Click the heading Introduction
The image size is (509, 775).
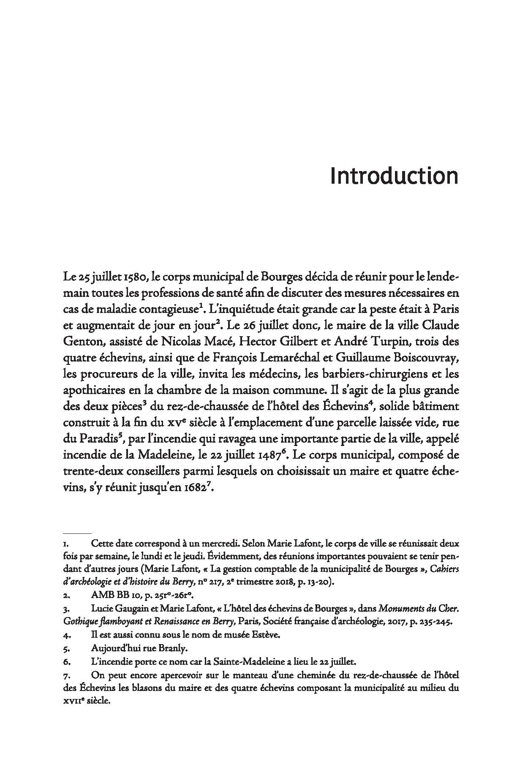coord(394,176)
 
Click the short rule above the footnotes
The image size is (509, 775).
coord(76,533)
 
